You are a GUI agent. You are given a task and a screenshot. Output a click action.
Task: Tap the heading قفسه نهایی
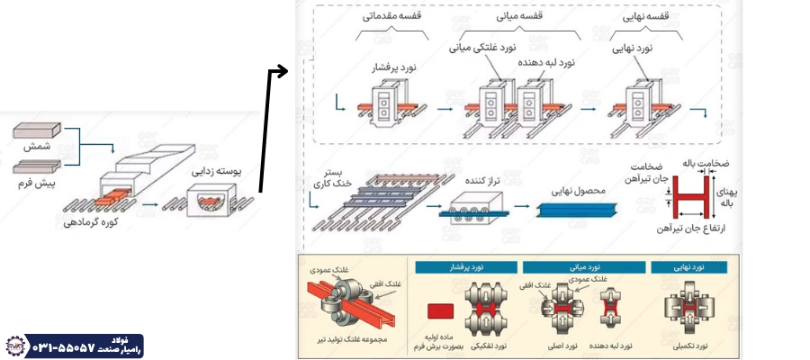[646, 14]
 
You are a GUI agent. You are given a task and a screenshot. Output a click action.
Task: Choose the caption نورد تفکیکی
[487, 344]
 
